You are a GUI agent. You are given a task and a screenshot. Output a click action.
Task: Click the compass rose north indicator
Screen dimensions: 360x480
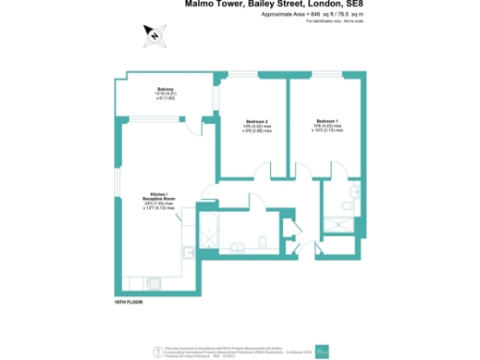[x=153, y=37]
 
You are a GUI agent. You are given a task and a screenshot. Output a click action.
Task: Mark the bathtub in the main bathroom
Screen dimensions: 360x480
[x=208, y=233]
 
